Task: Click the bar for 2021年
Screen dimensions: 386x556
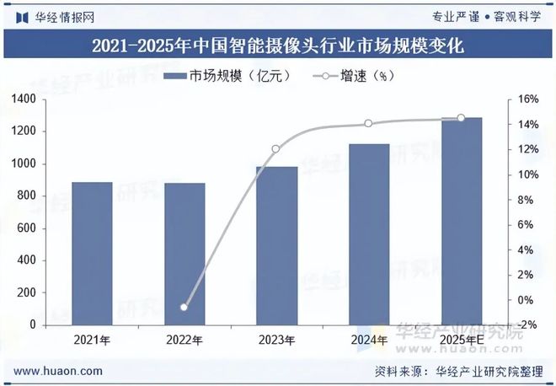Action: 92,254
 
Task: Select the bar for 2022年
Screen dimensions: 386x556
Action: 184,254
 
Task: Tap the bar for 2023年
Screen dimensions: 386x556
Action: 276,245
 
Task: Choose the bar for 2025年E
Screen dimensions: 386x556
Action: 462,221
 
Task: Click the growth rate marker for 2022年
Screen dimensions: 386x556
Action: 184,307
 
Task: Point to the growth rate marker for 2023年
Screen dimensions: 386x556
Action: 276,149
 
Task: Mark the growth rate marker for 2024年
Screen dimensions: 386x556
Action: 369,124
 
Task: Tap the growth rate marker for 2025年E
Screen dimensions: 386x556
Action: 461,118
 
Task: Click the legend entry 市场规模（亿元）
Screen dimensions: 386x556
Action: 227,77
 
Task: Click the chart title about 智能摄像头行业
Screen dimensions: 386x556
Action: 277,45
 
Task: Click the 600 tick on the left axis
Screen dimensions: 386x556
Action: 27,228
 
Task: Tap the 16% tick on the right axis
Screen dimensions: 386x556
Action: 527,99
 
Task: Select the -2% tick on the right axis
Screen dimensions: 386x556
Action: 527,325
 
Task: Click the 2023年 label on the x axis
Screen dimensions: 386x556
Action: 276,340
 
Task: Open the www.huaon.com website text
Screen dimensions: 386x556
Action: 60,371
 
